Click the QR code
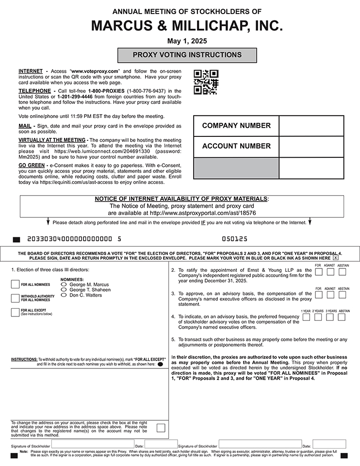(206, 82)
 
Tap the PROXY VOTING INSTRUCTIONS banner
(187, 55)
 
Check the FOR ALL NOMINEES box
(15, 284)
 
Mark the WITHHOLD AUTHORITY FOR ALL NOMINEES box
(15, 298)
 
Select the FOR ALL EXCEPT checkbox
(15, 312)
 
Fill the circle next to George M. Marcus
(64, 284)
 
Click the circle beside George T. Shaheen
(64, 290)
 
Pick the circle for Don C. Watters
(64, 295)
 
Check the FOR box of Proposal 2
(318, 272)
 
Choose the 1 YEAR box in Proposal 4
(306, 317)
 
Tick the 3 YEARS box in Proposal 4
(330, 317)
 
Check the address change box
(161, 428)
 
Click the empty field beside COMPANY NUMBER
(311, 126)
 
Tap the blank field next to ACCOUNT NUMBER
(311, 146)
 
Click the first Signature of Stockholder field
(93, 444)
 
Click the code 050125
(235, 239)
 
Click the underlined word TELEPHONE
(34, 91)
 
